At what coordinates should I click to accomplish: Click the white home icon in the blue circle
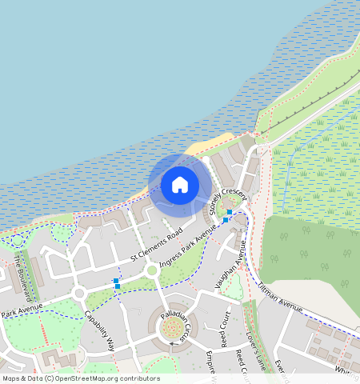(180, 185)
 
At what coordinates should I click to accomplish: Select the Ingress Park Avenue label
(188, 248)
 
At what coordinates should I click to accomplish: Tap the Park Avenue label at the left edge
(20, 310)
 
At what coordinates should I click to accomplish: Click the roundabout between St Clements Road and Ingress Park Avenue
(152, 270)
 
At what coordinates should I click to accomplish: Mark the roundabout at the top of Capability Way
(78, 294)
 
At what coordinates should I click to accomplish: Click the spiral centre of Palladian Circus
(171, 329)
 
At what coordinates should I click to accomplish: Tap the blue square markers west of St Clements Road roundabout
(116, 282)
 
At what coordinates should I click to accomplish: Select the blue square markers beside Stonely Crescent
(227, 216)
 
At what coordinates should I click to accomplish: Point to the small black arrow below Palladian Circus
(170, 346)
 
